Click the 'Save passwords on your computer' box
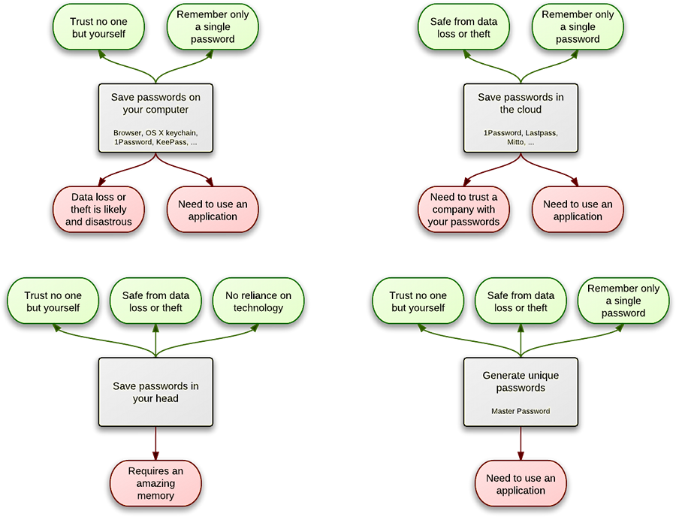[x=155, y=117]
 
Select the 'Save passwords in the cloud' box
[x=521, y=117]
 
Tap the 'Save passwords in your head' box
[x=155, y=391]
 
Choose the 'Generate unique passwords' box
[x=521, y=391]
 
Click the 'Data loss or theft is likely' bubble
[x=98, y=209]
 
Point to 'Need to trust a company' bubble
[x=463, y=209]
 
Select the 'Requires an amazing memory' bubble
[x=155, y=482]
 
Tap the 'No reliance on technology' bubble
[x=258, y=301]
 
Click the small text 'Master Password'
[x=521, y=411]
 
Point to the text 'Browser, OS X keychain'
[x=155, y=133]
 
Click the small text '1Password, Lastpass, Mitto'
[x=521, y=138]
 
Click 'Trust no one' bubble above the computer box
[x=98, y=28]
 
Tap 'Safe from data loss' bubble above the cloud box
[x=463, y=28]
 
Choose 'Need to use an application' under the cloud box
[x=578, y=210]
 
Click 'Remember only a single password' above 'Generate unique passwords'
[x=623, y=301]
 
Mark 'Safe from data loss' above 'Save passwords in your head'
[x=155, y=301]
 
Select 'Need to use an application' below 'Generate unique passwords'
[x=521, y=484]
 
